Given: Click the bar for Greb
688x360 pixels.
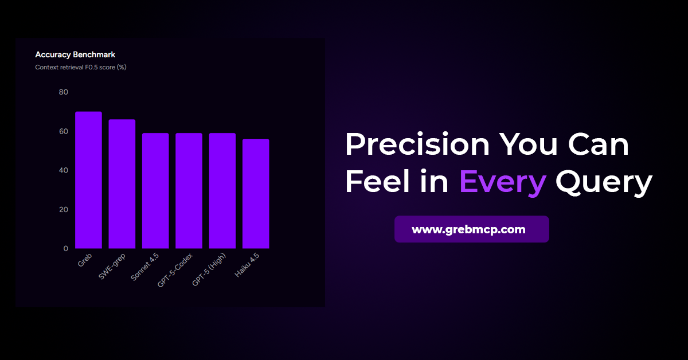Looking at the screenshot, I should pyautogui.click(x=88, y=180).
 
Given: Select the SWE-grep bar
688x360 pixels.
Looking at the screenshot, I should pyautogui.click(x=122, y=184).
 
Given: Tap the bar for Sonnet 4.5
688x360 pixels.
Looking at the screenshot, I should pyautogui.click(x=155, y=191).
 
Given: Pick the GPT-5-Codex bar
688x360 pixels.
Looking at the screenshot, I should pyautogui.click(x=189, y=191).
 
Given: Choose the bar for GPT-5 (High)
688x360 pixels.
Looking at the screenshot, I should pyautogui.click(x=222, y=191).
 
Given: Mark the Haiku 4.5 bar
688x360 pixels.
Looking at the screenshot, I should pyautogui.click(x=255, y=194).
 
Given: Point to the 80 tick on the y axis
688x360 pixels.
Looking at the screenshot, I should pyautogui.click(x=63, y=92).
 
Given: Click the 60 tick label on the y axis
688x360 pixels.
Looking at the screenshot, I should pyautogui.click(x=63, y=131).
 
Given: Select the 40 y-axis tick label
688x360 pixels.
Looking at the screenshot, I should pyautogui.click(x=63, y=170).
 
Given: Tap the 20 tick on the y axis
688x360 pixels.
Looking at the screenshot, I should pyautogui.click(x=63, y=209).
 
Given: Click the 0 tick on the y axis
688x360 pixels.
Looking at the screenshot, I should pyautogui.click(x=65, y=248).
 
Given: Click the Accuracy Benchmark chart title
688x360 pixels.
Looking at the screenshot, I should pyautogui.click(x=75, y=54).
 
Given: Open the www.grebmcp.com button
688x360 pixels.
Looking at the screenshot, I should pyautogui.click(x=471, y=229).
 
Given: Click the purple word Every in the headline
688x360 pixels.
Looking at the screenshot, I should pyautogui.click(x=502, y=182).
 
